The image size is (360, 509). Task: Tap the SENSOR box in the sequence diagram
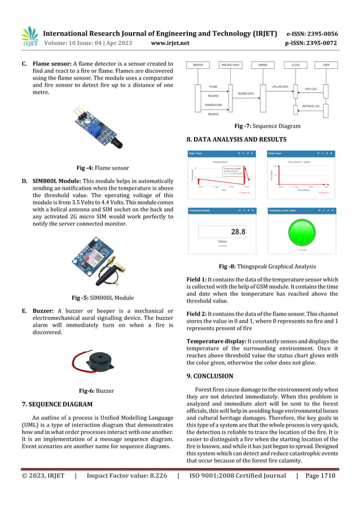(197, 65)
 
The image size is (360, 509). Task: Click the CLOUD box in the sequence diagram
(295, 65)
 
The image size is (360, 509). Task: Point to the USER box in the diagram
(326, 65)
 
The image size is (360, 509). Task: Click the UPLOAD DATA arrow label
(280, 87)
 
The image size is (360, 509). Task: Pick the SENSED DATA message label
(245, 94)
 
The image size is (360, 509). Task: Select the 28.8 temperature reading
(238, 232)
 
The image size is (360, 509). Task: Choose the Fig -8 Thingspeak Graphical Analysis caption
(267, 266)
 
